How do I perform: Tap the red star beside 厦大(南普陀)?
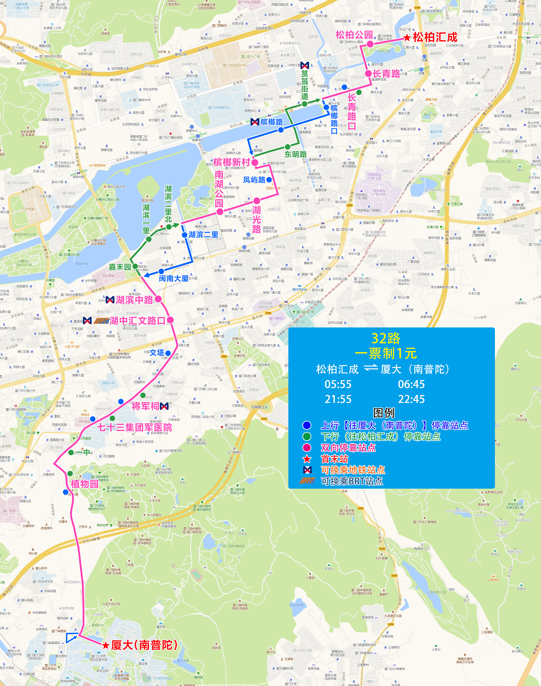click(106, 645)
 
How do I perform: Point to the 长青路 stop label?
click(387, 74)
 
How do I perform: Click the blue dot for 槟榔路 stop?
click(281, 130)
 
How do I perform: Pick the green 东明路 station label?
click(295, 154)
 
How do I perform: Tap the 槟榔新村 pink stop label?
click(232, 162)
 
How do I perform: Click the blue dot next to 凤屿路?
click(269, 180)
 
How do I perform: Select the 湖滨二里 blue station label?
click(203, 235)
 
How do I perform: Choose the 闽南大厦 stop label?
click(173, 279)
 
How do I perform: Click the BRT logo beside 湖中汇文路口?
click(101, 321)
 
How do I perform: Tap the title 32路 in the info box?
click(385, 338)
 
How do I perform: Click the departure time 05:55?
click(338, 384)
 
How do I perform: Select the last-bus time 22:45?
click(411, 399)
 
